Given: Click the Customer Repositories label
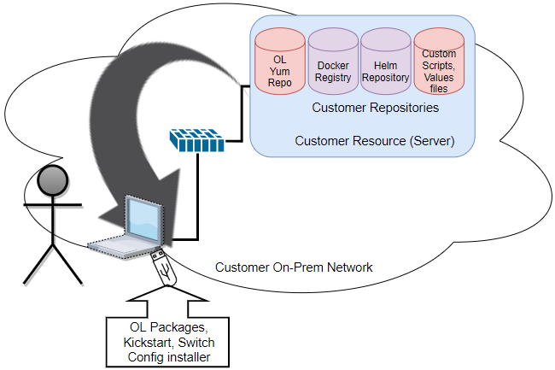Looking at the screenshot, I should (375, 109).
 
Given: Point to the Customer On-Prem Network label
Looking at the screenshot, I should (294, 267).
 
